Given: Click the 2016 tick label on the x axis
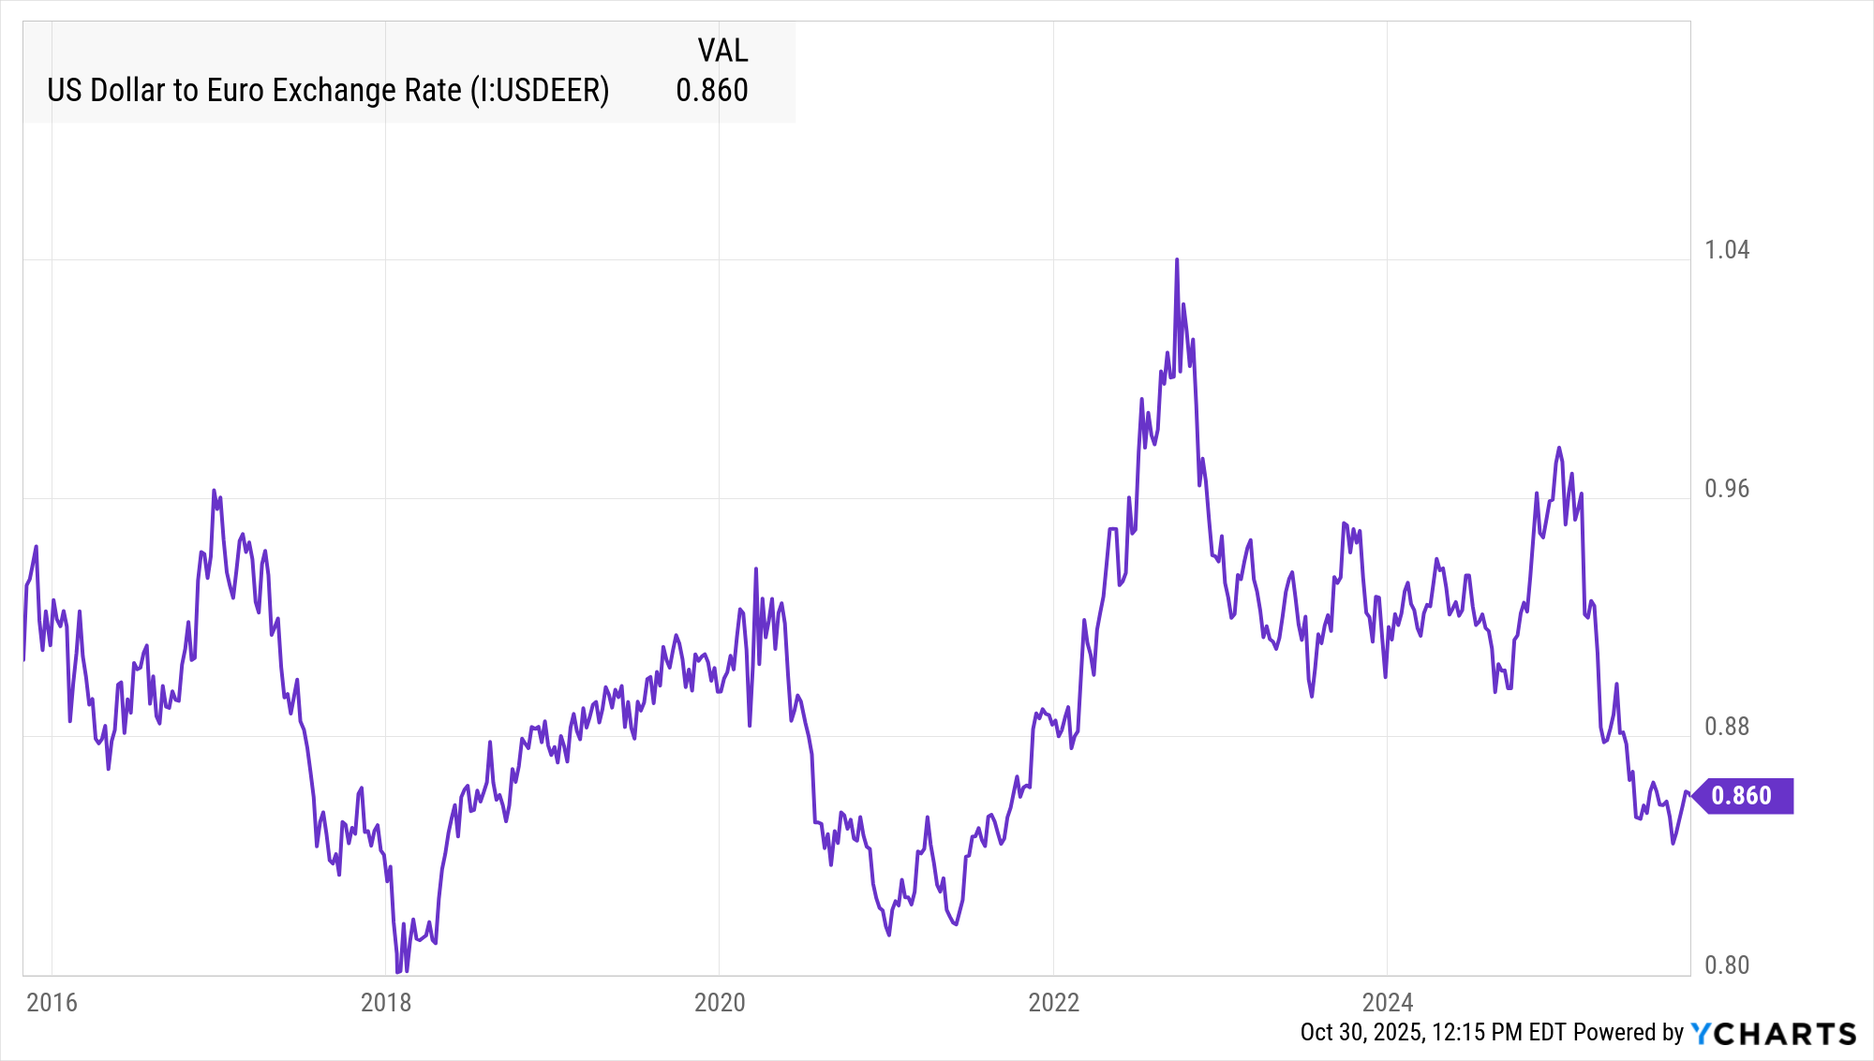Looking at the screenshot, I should pyautogui.click(x=52, y=1003).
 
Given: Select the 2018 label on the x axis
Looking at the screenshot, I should pyautogui.click(x=386, y=1003).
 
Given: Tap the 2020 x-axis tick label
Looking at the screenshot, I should pyautogui.click(x=720, y=1003).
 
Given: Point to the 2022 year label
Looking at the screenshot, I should pyautogui.click(x=1054, y=1003).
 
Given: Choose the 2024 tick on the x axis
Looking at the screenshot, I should pyautogui.click(x=1388, y=1003).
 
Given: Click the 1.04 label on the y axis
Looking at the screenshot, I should pyautogui.click(x=1727, y=250).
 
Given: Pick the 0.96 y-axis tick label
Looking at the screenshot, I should pyautogui.click(x=1727, y=489).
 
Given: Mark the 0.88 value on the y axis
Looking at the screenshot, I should pyautogui.click(x=1727, y=727).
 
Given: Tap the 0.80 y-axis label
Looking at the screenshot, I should pyautogui.click(x=1727, y=965).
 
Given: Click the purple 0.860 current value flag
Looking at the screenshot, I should pyautogui.click(x=1743, y=796).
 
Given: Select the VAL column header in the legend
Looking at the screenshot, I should pyautogui.click(x=722, y=51).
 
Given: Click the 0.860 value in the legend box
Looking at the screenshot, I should pyautogui.click(x=712, y=91).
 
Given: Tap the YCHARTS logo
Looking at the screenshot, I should pyautogui.click(x=1774, y=1033).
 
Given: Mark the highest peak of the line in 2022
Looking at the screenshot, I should pyautogui.click(x=1177, y=260).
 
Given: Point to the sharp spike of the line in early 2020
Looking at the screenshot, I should pyautogui.click(x=756, y=569).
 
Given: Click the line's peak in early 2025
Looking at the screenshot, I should pyautogui.click(x=1559, y=448).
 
